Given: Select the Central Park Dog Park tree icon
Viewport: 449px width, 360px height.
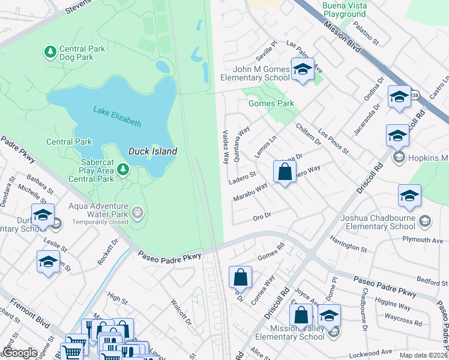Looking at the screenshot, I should click(x=50, y=52).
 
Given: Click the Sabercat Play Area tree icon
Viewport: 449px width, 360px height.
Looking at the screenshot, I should click(x=123, y=170).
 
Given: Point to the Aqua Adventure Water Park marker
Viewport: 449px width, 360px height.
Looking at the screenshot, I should click(x=137, y=212).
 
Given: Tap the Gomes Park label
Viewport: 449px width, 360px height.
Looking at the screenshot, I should click(x=271, y=103).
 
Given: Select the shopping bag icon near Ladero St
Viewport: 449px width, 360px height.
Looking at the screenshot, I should click(x=285, y=172).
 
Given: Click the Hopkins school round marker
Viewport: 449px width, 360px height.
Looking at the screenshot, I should click(x=397, y=158).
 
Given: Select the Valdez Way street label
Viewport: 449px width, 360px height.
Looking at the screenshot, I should click(x=226, y=148).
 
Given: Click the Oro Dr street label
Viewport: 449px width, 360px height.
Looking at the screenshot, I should click(x=262, y=215).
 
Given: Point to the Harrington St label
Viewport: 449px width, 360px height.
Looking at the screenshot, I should click(x=348, y=244).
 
